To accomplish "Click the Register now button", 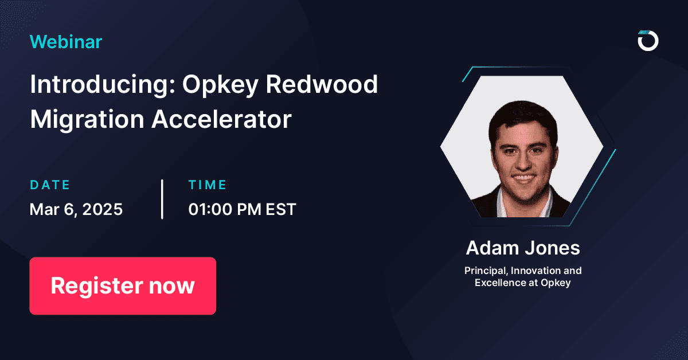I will pyautogui.click(x=123, y=285).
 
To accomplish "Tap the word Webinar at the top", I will pyautogui.click(x=65, y=41).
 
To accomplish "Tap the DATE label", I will pyautogui.click(x=50, y=185).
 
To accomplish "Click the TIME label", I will pyautogui.click(x=208, y=185).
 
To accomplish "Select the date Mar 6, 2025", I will pyautogui.click(x=76, y=209).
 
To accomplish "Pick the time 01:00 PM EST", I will pyautogui.click(x=242, y=209).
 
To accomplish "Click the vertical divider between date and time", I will pyautogui.click(x=162, y=199).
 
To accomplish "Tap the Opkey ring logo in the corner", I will pyautogui.click(x=648, y=41).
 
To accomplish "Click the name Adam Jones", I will pyautogui.click(x=523, y=248).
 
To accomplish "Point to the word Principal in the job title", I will pyautogui.click(x=483, y=270).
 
